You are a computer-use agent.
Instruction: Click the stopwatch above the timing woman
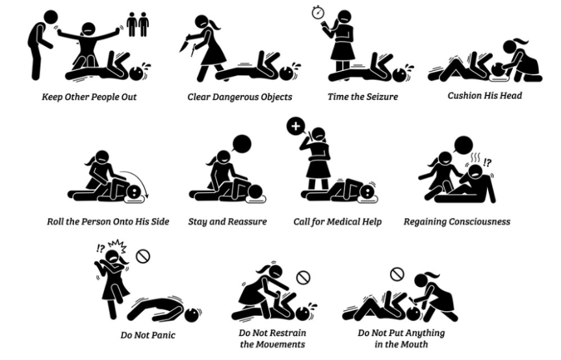pos(318,12)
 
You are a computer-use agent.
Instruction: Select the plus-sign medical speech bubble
pos(296,127)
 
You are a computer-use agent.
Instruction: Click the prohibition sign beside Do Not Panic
pos(143,256)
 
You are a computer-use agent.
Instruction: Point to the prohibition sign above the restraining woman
pos(304,277)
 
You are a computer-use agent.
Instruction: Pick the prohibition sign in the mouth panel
pos(397,274)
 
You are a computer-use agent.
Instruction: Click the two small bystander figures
pos(138,24)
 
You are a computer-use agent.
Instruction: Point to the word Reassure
pos(250,222)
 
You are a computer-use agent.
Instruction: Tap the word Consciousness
pos(480,222)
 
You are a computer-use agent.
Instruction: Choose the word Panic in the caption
pos(164,335)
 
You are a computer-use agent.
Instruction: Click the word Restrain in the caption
pos(288,333)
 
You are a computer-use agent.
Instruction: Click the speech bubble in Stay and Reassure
pos(242,144)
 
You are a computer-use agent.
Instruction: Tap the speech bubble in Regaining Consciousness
pos(463,145)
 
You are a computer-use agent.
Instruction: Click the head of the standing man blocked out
pos(51,17)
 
